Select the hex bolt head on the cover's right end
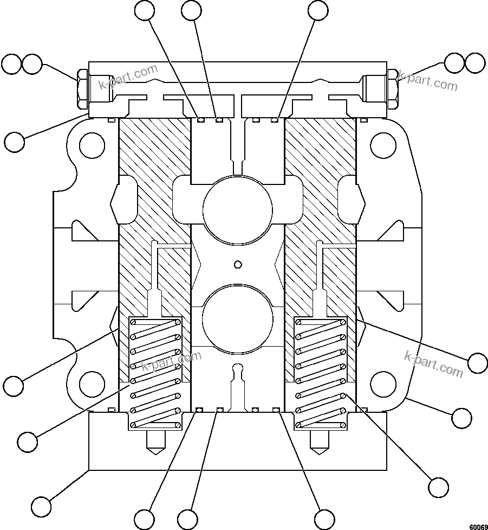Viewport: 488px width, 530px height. pyautogui.click(x=393, y=89)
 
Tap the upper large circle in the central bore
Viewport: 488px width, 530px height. pyautogui.click(x=237, y=208)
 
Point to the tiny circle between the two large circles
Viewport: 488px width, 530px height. pyautogui.click(x=237, y=264)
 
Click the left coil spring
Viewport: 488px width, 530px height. pyautogui.click(x=154, y=373)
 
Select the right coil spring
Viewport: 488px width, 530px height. pyautogui.click(x=320, y=373)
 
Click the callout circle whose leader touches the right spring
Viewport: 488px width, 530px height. pyautogui.click(x=438, y=486)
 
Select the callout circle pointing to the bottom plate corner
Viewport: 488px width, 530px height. pyautogui.click(x=41, y=506)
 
